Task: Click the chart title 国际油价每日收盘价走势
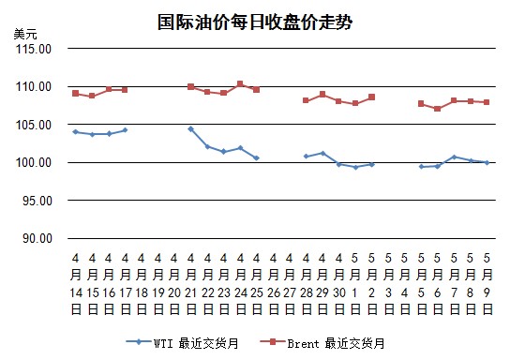[x=255, y=22]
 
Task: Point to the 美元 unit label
[x=25, y=34]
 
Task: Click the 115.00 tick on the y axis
[x=34, y=49]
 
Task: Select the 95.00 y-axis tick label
[x=37, y=201]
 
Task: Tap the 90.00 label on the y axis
[x=37, y=239]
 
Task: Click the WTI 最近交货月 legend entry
[x=183, y=343]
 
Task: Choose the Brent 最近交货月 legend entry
[x=322, y=343]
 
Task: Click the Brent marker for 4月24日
[x=240, y=83]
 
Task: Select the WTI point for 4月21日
[x=191, y=129]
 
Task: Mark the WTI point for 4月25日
[x=256, y=158]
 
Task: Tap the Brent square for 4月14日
[x=75, y=94]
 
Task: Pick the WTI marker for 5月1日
[x=355, y=167]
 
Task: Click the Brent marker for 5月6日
[x=438, y=109]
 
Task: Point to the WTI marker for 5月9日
[x=487, y=162]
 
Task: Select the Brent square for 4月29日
[x=322, y=95]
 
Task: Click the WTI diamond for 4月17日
[x=125, y=130]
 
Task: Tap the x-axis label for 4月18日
[x=142, y=284]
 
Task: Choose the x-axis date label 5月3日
[x=388, y=284]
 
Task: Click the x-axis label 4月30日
[x=339, y=284]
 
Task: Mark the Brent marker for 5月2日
[x=372, y=97]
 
